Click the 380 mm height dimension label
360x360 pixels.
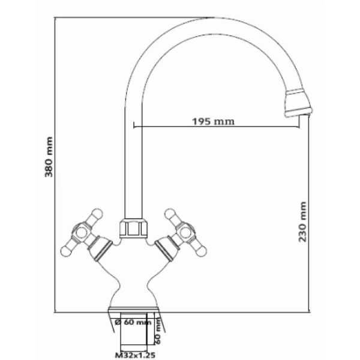click(50, 157)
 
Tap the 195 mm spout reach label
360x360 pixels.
click(213, 122)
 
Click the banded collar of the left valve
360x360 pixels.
click(102, 247)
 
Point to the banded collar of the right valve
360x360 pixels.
click(164, 247)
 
